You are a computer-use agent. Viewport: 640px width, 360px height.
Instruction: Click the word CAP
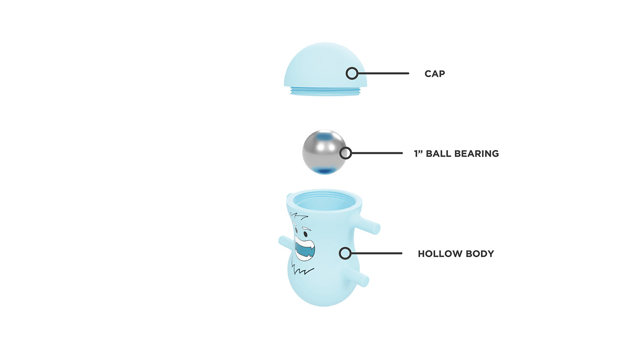(434, 74)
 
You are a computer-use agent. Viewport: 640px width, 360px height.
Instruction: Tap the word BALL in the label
(439, 154)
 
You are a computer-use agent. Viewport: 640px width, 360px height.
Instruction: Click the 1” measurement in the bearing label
(418, 154)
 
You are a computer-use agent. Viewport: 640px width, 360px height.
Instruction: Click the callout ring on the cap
(352, 73)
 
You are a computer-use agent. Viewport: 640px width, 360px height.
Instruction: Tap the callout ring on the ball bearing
(346, 153)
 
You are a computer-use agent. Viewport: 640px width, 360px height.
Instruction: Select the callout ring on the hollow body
(345, 253)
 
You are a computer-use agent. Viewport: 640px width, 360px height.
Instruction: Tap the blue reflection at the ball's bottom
(325, 170)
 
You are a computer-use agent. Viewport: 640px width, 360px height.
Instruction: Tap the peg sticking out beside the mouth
(285, 242)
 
